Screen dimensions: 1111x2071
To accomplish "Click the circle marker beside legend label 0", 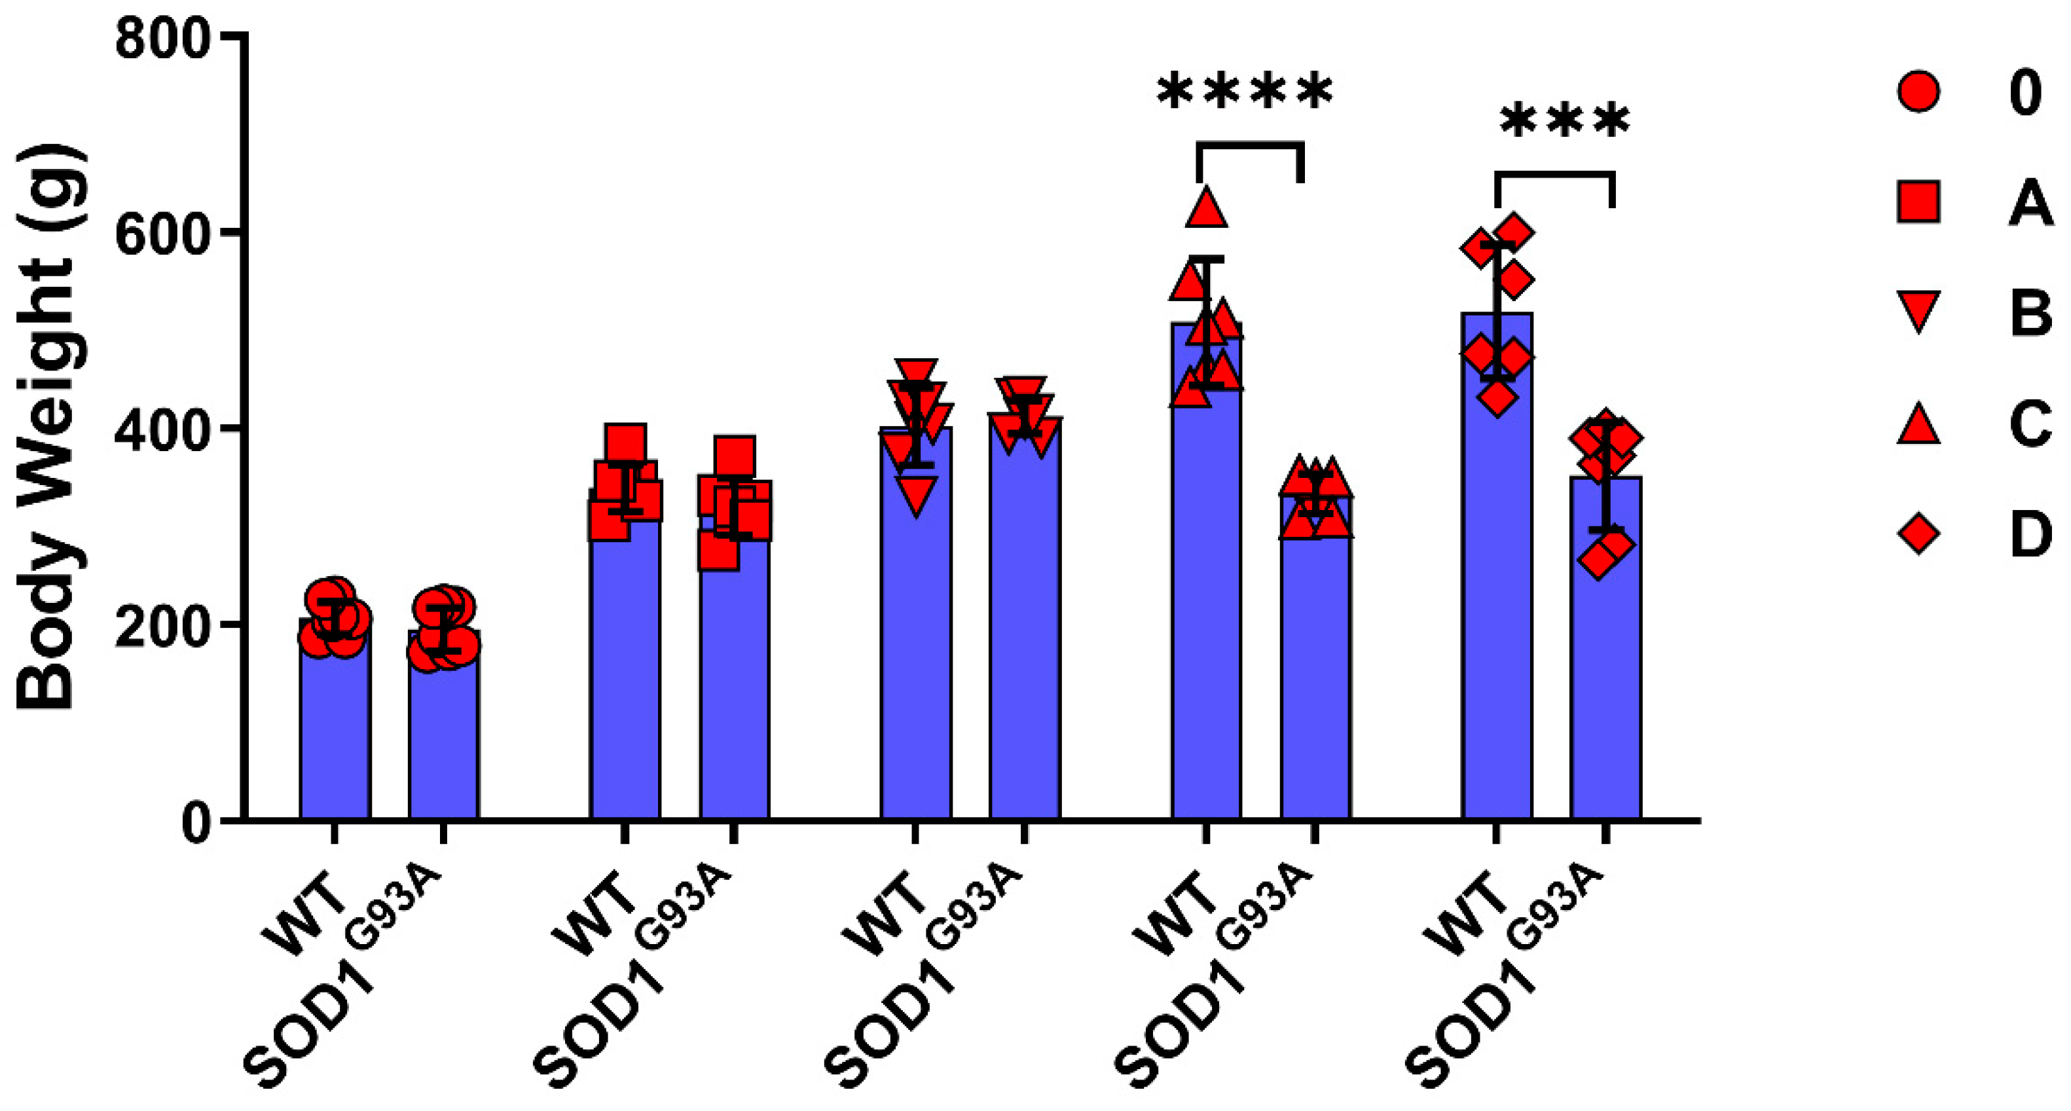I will [x=1918, y=92].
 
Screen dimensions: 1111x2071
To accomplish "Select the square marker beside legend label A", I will [x=1918, y=202].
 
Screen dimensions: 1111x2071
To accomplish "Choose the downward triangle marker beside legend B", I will [x=1918, y=312].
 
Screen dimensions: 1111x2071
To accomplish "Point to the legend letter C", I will [x=2029, y=424].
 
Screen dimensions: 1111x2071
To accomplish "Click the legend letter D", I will [x=2029, y=535].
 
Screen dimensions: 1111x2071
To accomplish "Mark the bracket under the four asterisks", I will [x=1249, y=145].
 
